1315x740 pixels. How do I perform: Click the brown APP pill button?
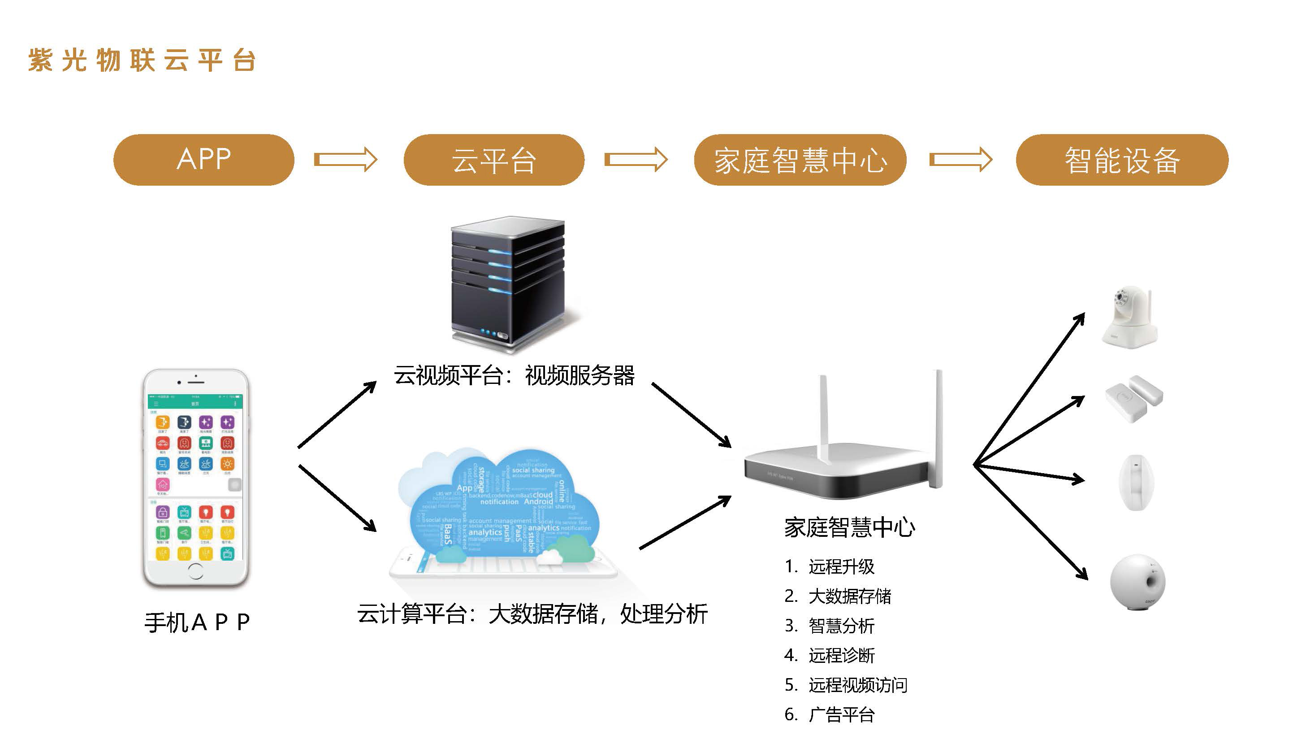(203, 160)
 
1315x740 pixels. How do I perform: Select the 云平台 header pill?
(493, 160)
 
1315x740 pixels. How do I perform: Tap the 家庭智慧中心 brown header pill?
(800, 160)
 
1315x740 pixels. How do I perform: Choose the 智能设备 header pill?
(1121, 160)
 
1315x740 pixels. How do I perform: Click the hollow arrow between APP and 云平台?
(345, 160)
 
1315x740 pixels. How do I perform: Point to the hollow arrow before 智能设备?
(960, 160)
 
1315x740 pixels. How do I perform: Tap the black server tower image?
(508, 283)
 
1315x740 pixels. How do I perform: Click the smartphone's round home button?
(195, 571)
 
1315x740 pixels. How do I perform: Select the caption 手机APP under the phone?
(197, 622)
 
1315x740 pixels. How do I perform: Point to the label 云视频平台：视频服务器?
(514, 376)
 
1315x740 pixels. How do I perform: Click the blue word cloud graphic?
(503, 505)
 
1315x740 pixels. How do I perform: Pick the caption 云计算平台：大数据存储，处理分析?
(532, 614)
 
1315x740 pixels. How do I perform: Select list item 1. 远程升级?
(830, 566)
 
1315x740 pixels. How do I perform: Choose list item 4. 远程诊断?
(830, 655)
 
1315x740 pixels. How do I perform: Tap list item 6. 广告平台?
(830, 714)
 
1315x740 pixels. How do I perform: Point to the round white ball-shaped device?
(1138, 582)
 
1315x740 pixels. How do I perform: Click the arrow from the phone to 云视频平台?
(337, 415)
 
